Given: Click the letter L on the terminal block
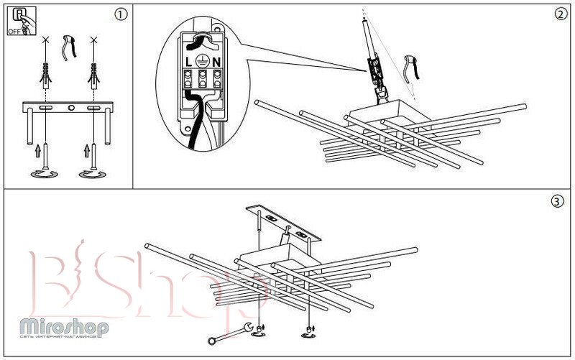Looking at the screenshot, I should (x=189, y=63).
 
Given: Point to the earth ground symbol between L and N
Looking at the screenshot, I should (x=203, y=62).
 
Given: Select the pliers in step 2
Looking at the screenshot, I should (x=411, y=66).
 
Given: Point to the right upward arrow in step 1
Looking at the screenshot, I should (x=86, y=151).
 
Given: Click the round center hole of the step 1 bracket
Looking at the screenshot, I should (x=70, y=109).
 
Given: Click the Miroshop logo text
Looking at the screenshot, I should (x=65, y=327).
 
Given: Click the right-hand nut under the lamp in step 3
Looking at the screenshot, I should (x=310, y=331).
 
